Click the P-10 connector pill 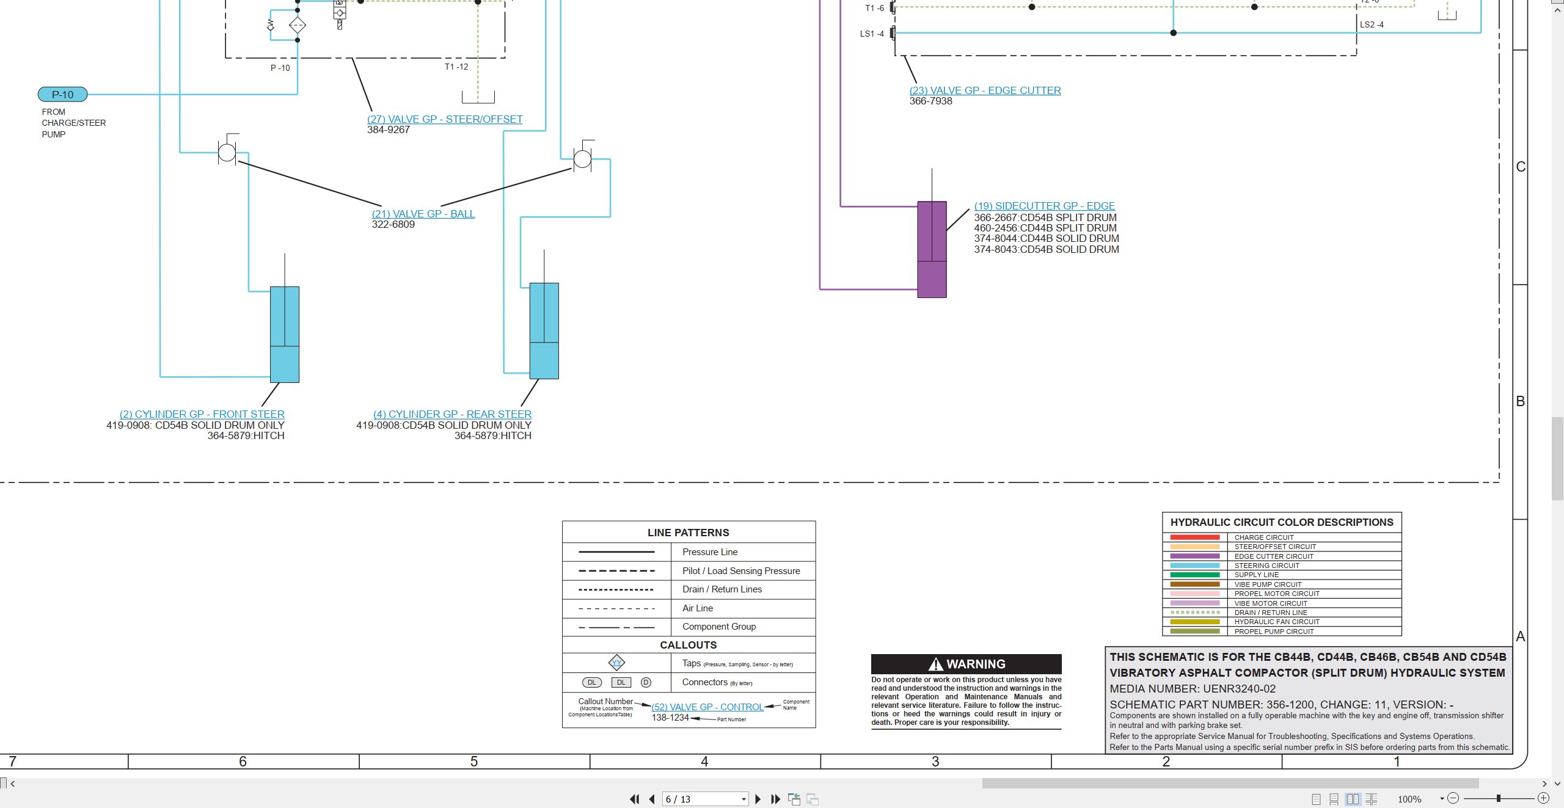click(x=63, y=95)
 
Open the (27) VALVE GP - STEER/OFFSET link click(x=445, y=119)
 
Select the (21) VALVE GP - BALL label click(x=423, y=214)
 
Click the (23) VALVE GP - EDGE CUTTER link click(x=985, y=90)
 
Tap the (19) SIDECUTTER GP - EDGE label click(x=1045, y=206)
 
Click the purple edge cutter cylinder click(x=932, y=249)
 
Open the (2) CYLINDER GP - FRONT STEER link click(x=202, y=414)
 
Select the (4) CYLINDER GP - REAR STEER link click(x=453, y=414)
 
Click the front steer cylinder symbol click(x=285, y=334)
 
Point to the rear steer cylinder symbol click(x=544, y=330)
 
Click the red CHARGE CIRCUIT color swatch click(x=1195, y=537)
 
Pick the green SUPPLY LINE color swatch click(x=1195, y=575)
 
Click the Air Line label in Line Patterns click(x=698, y=608)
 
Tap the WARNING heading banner click(x=967, y=664)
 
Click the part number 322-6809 click(x=393, y=225)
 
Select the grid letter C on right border click(x=1521, y=167)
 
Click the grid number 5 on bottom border click(x=474, y=762)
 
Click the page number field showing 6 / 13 click(x=705, y=799)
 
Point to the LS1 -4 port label click(x=872, y=34)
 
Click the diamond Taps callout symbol click(x=617, y=663)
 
